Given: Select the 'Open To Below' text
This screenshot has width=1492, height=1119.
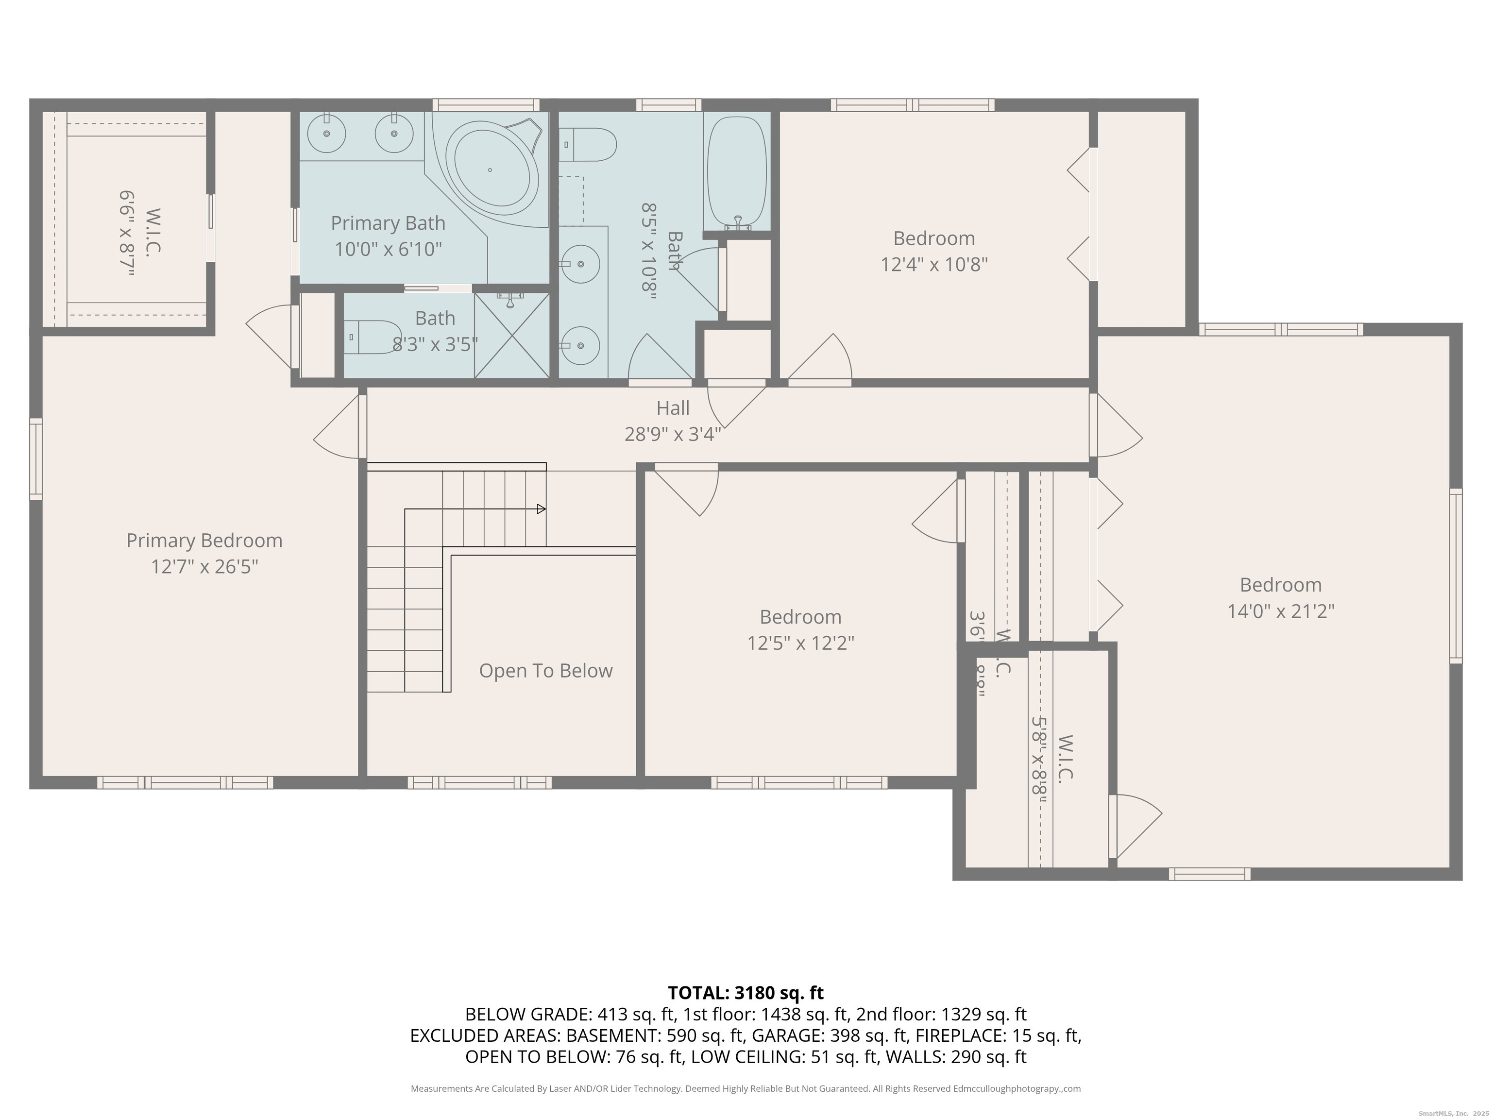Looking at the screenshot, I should pos(546,670).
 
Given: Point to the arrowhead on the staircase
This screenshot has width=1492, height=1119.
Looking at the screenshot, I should pos(541,509).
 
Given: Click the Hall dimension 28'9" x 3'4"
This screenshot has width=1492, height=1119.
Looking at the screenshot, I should pos(673,434).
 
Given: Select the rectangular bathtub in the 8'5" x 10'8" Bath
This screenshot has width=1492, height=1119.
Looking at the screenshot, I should pos(737,174).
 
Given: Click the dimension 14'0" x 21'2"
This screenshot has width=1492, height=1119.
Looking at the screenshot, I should pos(1280,611).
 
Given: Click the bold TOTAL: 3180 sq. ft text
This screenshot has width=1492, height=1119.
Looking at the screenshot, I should pos(746,993).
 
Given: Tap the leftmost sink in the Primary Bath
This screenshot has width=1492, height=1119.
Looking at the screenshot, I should pos(326,133).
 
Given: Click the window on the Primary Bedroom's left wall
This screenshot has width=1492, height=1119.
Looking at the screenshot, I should pos(36,458).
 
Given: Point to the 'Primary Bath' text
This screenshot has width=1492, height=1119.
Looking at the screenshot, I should pos(388,222).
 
